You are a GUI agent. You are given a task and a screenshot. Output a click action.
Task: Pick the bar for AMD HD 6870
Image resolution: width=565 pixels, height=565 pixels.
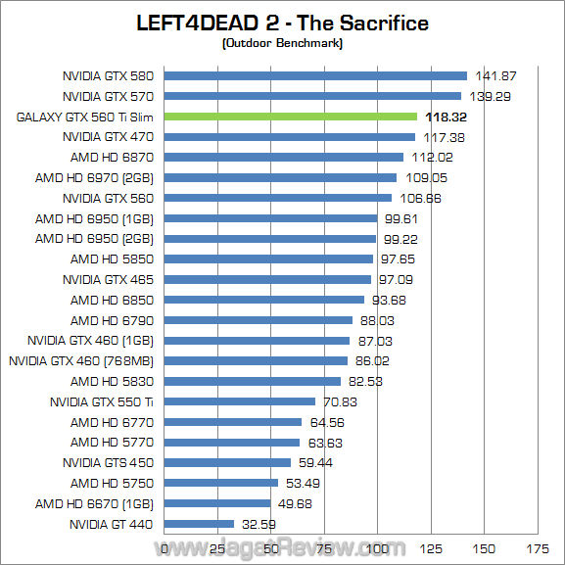284,157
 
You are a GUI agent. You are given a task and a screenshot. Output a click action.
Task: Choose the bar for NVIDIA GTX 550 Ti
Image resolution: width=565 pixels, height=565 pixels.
240,401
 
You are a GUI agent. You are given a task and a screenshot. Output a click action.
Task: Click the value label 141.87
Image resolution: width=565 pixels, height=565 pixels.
497,75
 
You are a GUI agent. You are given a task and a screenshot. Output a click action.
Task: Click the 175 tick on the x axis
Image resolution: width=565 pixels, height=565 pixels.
537,548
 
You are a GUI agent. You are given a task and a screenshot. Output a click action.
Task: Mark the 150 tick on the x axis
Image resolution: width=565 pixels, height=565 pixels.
484,548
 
